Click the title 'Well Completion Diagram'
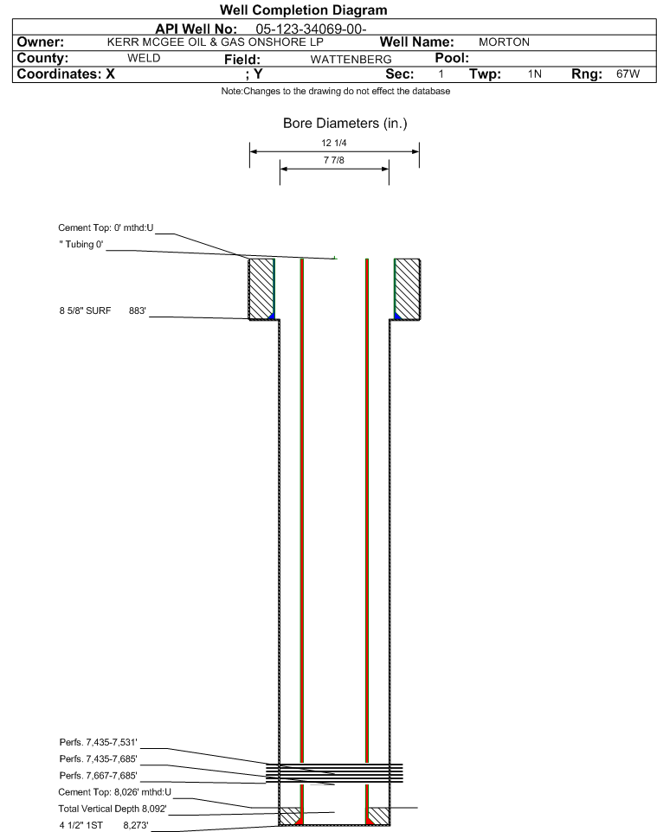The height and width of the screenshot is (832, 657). (x=303, y=10)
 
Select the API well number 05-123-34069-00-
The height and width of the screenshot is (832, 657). (x=311, y=29)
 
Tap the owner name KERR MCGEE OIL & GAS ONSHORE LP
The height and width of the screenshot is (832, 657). (x=216, y=42)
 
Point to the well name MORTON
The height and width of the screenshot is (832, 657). (x=504, y=42)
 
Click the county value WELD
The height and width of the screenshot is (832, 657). (x=144, y=58)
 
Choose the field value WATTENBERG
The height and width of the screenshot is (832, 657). (x=351, y=59)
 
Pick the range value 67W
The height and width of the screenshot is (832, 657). (x=628, y=74)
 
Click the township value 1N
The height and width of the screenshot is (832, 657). (x=535, y=74)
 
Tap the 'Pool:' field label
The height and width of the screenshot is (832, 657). (x=452, y=58)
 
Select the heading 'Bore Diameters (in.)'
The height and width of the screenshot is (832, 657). (x=345, y=123)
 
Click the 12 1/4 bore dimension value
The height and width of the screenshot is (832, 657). (x=334, y=143)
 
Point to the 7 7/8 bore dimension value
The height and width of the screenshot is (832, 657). (x=334, y=160)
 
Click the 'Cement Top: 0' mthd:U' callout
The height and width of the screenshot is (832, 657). (x=106, y=227)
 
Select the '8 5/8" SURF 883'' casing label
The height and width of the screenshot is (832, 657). (x=102, y=310)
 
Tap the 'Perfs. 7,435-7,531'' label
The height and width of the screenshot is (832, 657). (x=99, y=742)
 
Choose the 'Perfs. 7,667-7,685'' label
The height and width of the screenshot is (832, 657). (x=99, y=775)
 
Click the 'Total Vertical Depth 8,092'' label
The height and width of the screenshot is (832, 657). (x=113, y=809)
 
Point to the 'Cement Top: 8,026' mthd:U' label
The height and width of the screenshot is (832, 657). (x=115, y=791)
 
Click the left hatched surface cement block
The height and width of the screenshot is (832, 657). (x=261, y=289)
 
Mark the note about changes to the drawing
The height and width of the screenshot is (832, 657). (x=336, y=91)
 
